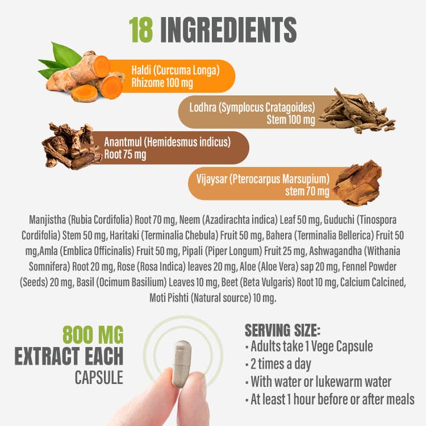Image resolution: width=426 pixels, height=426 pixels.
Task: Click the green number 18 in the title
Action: click(141, 30)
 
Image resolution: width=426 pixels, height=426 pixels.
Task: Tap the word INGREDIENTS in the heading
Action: click(228, 30)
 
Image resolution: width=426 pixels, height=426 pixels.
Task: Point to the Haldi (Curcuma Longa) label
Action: click(176, 70)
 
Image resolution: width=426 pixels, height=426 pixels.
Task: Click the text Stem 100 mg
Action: click(291, 120)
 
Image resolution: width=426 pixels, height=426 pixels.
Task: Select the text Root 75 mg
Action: click(125, 154)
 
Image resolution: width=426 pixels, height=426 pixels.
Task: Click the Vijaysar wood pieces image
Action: click(357, 183)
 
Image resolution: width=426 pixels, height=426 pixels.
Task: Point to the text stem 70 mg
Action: click(307, 192)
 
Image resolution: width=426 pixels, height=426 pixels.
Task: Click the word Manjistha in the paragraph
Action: click(47, 220)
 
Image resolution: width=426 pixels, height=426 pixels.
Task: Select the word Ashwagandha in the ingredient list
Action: click(335, 251)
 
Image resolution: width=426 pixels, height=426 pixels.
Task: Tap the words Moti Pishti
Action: click(169, 298)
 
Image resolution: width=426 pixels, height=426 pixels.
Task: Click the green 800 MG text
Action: click(93, 335)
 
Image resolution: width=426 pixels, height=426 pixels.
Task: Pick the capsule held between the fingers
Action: click(182, 364)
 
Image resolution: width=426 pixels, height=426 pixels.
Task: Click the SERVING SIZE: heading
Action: click(283, 330)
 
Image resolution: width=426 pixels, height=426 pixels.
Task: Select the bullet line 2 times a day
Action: click(278, 364)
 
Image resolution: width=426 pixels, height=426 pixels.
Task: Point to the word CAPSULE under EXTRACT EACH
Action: click(99, 377)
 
